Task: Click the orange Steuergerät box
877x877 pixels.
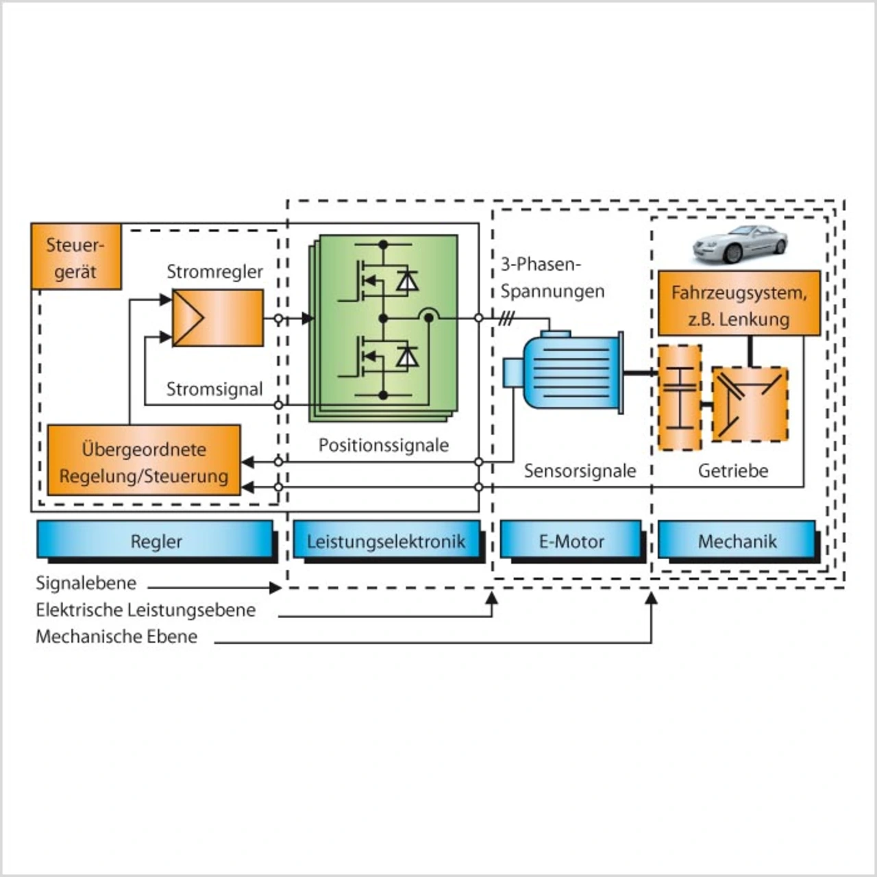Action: tap(76, 257)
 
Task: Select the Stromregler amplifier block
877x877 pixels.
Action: tap(217, 318)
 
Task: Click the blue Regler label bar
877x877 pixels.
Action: tap(156, 541)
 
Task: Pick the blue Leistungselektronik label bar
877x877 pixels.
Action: tap(386, 541)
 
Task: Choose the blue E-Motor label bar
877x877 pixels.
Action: tap(571, 541)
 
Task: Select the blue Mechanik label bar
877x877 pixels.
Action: tap(737, 541)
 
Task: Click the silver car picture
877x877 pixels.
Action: tap(739, 243)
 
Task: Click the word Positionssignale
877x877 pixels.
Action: tap(384, 445)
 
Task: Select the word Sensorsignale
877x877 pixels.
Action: tap(580, 471)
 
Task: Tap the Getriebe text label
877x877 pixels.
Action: tap(733, 471)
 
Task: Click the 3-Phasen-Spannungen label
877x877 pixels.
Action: tap(552, 277)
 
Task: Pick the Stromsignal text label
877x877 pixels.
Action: tap(214, 389)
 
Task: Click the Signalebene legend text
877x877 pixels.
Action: tap(86, 583)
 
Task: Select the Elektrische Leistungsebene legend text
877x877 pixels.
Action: tap(145, 610)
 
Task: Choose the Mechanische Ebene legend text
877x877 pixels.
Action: tap(116, 637)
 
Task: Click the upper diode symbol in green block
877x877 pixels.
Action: tap(408, 280)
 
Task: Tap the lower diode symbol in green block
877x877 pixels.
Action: tap(408, 356)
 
